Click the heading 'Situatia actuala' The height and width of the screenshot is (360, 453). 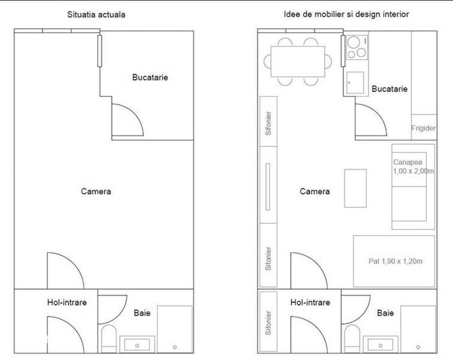click(96, 15)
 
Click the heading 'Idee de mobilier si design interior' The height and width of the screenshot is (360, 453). click(346, 14)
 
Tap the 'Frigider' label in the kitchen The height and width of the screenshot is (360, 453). click(423, 128)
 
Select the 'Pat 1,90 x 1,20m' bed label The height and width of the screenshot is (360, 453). click(395, 261)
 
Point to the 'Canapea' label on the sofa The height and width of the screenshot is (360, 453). click(408, 162)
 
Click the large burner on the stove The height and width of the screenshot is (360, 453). click(353, 42)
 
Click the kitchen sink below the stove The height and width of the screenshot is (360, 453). click(355, 82)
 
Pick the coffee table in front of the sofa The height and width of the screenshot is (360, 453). click(355, 188)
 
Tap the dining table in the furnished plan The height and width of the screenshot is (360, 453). click(298, 61)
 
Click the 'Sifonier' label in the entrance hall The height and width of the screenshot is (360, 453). click(268, 323)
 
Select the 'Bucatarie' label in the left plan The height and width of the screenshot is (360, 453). click(150, 77)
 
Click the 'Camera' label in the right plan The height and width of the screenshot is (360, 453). click(314, 191)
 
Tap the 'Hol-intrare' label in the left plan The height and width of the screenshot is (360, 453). click(67, 302)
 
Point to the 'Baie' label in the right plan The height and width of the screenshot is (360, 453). click(385, 313)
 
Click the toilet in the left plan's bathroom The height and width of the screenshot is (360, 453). click(109, 338)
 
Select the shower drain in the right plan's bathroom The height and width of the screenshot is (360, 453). click(418, 347)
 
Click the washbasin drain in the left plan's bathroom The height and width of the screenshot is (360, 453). click(137, 345)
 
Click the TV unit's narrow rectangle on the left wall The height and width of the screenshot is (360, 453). click(268, 187)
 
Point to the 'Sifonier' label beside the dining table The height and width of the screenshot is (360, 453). click(268, 123)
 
